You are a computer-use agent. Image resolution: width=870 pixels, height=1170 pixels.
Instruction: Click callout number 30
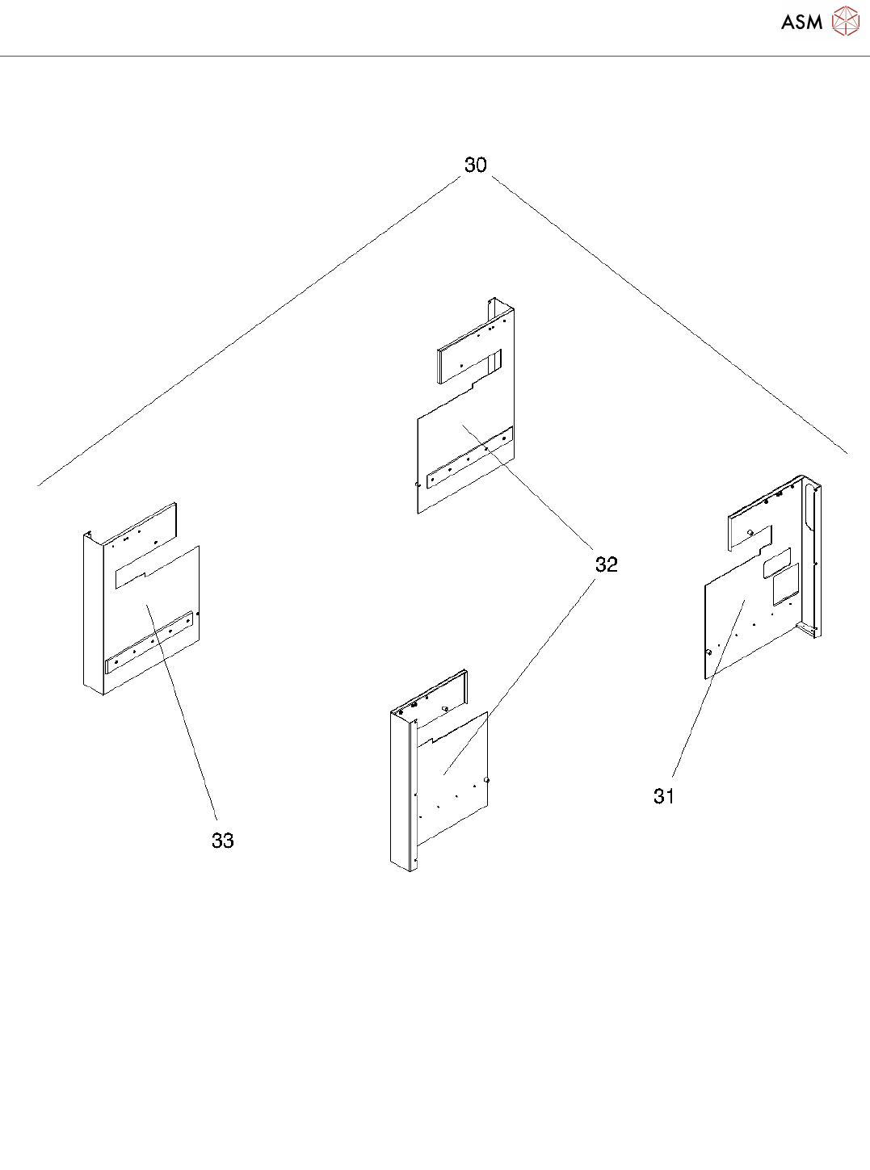pos(475,165)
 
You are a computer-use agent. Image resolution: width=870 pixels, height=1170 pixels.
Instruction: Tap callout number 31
pos(664,796)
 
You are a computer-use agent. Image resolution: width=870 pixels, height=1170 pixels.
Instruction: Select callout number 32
pos(607,564)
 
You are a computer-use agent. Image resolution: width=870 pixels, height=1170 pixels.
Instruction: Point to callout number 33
pos(223,841)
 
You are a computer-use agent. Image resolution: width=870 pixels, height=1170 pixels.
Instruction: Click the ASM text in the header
pos(801,23)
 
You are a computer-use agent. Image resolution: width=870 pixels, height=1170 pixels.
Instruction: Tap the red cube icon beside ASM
pos(845,22)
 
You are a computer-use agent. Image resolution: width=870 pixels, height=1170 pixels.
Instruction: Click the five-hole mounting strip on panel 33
pos(151,642)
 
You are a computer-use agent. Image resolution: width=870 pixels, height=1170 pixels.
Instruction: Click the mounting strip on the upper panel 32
pos(469,459)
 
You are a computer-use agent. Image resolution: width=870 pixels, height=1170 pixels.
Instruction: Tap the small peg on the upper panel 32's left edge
pos(416,485)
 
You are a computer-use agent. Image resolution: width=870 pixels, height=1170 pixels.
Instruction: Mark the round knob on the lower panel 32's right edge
pos(486,780)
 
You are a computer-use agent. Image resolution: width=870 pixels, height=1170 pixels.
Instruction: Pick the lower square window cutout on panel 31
pos(784,589)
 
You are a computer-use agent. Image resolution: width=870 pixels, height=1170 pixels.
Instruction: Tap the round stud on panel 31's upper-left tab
pos(750,532)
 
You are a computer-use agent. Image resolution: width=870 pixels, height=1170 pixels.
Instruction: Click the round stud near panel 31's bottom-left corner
pos(708,652)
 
